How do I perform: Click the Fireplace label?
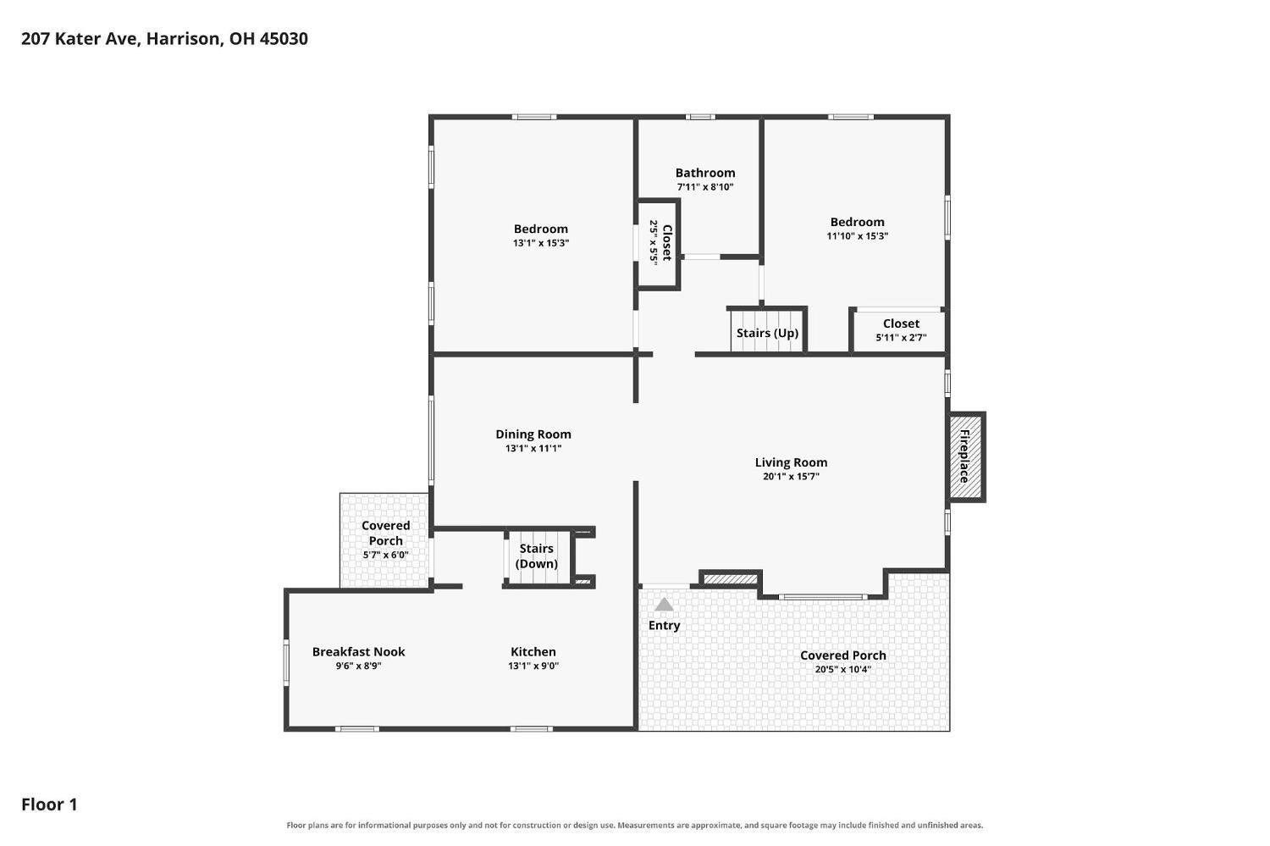point(964,456)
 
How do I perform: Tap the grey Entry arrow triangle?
point(664,605)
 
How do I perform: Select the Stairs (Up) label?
point(768,333)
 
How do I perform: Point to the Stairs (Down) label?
point(536,556)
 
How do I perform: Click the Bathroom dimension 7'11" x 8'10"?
point(705,187)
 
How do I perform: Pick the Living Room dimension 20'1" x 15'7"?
point(791,476)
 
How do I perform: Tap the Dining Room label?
point(533,434)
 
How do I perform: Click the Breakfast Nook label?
point(359,652)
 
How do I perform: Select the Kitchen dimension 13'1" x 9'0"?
point(533,666)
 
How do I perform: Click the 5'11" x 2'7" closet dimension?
point(902,337)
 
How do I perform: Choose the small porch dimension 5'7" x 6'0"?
point(386,555)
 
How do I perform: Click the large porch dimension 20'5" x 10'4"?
point(843,669)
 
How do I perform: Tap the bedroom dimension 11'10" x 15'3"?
point(857,236)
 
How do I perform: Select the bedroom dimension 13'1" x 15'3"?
point(541,243)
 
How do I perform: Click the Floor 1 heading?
point(49,805)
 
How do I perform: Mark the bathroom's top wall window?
point(700,117)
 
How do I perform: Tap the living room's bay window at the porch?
point(823,596)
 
